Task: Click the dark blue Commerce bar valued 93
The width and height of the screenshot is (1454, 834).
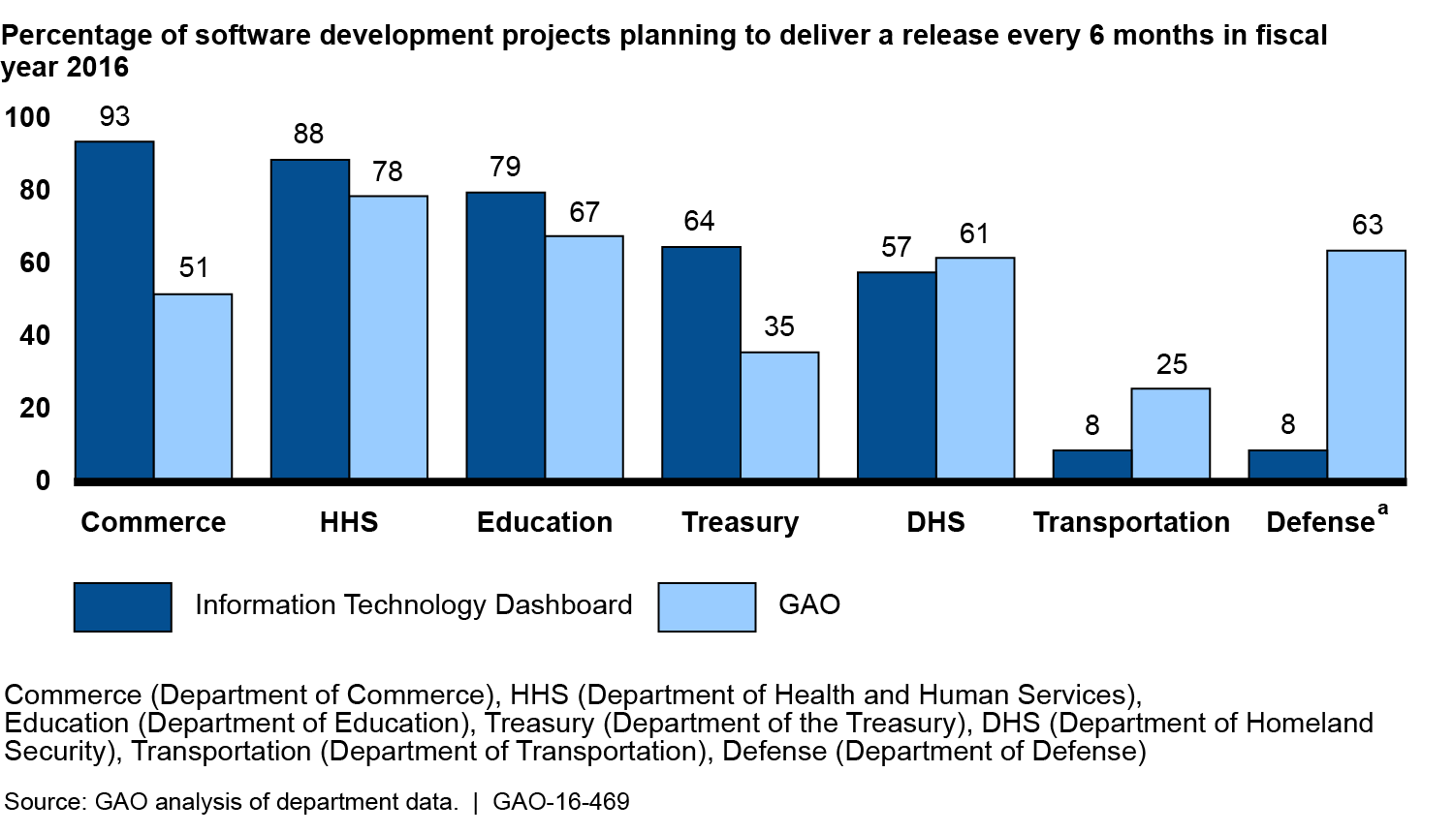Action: point(114,309)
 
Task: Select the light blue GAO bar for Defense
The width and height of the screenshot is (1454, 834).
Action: point(1366,364)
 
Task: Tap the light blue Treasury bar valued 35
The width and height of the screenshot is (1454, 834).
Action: point(779,415)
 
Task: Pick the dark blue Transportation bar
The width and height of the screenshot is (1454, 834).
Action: point(1091,464)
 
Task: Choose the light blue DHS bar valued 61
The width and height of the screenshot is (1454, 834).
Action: point(974,367)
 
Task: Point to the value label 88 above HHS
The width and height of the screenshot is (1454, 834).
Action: point(308,134)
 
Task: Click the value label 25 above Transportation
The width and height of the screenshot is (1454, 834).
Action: point(1171,364)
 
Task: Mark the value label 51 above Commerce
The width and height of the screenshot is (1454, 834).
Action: point(194,267)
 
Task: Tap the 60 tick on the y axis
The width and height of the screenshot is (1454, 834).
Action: point(35,263)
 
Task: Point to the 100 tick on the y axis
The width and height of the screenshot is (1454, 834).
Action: point(27,117)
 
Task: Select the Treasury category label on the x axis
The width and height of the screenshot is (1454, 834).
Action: point(740,522)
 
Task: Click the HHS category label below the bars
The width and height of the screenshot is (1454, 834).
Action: point(349,522)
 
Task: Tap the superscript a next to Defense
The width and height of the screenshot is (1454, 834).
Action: point(1382,509)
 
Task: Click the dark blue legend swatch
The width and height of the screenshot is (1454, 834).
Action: point(123,607)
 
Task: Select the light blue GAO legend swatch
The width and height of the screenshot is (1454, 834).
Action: point(707,607)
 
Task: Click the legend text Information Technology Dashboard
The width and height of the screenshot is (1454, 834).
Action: point(413,604)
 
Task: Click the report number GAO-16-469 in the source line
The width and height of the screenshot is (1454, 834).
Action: point(561,802)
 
